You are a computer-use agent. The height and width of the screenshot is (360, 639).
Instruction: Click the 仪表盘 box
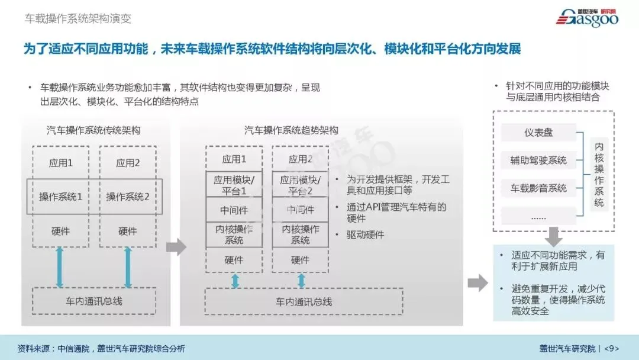click(x=538, y=133)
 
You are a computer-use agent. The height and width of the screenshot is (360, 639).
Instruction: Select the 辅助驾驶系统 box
click(x=538, y=160)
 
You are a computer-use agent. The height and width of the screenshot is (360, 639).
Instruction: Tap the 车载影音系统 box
click(x=538, y=188)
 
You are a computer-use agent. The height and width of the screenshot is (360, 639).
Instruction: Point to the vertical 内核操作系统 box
click(x=599, y=174)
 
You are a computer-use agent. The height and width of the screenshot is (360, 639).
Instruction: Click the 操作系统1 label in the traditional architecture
click(x=60, y=197)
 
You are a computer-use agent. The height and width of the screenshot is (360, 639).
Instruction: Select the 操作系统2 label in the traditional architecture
click(x=128, y=197)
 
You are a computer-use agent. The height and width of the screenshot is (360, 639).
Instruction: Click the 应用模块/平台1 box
click(x=234, y=184)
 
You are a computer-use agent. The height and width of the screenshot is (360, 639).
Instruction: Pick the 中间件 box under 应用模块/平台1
click(x=234, y=210)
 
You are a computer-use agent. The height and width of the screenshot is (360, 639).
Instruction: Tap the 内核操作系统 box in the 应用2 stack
click(x=300, y=234)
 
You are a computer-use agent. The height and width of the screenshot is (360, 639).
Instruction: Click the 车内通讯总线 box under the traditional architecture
click(x=94, y=301)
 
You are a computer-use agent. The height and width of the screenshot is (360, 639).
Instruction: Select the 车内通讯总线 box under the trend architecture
click(x=304, y=301)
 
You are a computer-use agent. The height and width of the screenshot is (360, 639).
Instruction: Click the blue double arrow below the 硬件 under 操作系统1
click(x=60, y=268)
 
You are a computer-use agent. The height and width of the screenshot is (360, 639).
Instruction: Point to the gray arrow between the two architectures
click(x=176, y=247)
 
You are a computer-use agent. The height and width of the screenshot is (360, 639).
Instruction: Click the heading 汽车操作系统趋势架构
click(x=292, y=130)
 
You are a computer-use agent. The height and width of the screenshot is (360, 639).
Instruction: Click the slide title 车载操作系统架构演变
click(x=78, y=18)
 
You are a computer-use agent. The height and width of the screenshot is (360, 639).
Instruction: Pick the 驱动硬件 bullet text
click(x=366, y=234)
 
